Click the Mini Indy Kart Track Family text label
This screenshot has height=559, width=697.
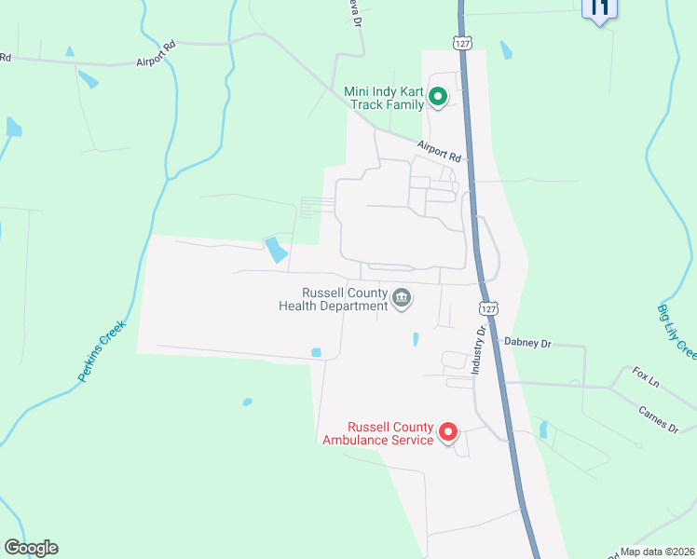coord(384,98)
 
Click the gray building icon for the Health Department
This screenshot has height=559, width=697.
coord(402,298)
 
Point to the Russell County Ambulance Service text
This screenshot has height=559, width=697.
coord(377,433)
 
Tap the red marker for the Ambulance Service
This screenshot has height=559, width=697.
coord(448,431)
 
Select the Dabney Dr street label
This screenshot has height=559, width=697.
coord(528,343)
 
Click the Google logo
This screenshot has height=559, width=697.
coord(31,548)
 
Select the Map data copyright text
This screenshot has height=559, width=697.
coord(657,552)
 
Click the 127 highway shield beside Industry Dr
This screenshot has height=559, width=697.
coord(490,307)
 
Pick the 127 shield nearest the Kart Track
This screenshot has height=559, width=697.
coord(463,43)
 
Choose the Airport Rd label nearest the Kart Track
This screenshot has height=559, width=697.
coord(440,151)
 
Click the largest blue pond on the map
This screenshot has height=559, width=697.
coord(276,250)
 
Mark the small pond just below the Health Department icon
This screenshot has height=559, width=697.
coord(416,340)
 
